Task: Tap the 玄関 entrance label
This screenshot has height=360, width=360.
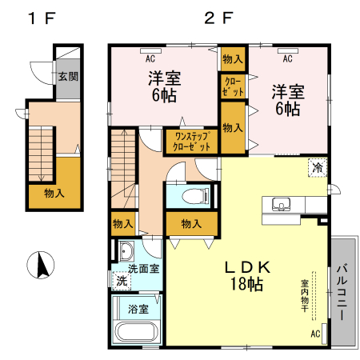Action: tap(67, 78)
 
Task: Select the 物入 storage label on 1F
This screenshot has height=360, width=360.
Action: tap(54, 193)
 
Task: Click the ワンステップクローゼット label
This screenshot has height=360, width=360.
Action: tap(191, 142)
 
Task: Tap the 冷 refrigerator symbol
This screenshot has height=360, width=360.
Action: tap(318, 168)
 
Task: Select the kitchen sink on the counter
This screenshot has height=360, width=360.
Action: tap(280, 204)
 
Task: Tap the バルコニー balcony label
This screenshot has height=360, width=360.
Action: tap(342, 293)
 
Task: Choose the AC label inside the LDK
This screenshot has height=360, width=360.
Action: tap(314, 333)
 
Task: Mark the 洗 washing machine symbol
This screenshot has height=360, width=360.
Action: tap(121, 282)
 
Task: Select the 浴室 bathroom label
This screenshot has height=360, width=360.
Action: tap(137, 308)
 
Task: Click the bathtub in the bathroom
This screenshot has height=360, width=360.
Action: tap(137, 332)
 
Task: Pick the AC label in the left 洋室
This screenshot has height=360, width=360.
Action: tap(150, 59)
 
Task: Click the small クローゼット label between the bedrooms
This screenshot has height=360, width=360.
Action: tap(232, 86)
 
